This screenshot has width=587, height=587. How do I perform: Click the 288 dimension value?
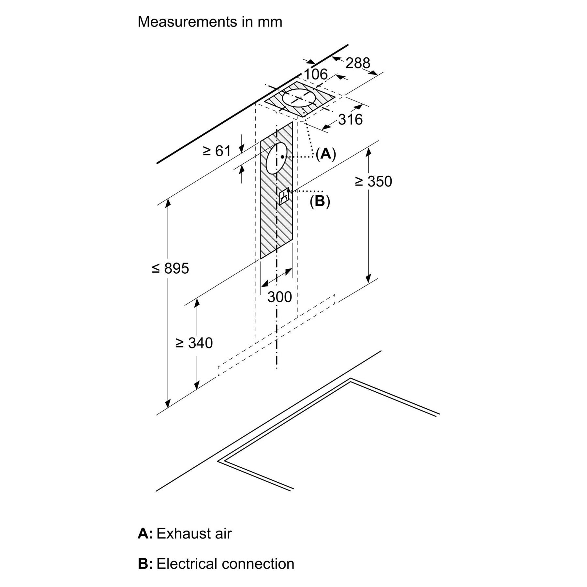point(358,63)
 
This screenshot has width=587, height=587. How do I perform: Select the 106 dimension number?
point(315,74)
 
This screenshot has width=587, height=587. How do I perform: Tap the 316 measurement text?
point(350,120)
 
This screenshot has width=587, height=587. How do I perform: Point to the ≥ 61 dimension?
point(217,151)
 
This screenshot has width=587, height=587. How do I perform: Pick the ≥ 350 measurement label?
point(373,182)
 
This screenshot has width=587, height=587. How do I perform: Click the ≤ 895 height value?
point(171,268)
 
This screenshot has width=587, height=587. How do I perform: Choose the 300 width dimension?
point(279,297)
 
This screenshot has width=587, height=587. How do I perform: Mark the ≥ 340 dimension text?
point(194,343)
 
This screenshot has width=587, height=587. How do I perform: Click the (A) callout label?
point(325,153)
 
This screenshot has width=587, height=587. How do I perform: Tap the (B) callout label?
point(320,202)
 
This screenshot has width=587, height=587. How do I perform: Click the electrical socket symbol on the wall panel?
point(284,197)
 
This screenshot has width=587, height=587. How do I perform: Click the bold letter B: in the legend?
point(145,564)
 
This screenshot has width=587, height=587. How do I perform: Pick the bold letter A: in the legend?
point(145,534)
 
